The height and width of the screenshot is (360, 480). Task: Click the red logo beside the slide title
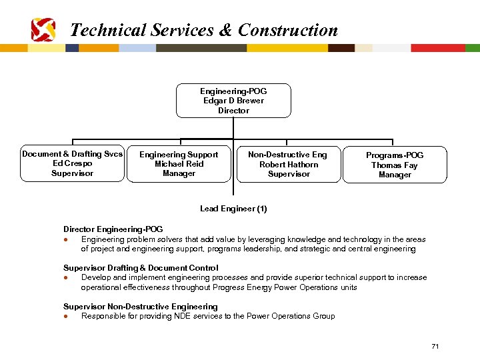point(43,29)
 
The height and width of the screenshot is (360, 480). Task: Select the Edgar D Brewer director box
point(233,101)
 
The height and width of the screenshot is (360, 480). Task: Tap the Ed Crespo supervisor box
point(72,164)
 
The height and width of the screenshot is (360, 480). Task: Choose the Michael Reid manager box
point(179,164)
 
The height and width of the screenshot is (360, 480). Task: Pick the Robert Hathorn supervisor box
point(288,165)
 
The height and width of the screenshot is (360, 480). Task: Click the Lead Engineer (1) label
point(233,209)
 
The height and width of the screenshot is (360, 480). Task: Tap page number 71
point(435,346)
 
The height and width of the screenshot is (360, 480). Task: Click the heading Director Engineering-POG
point(113,229)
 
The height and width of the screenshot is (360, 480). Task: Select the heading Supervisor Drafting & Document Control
point(141,268)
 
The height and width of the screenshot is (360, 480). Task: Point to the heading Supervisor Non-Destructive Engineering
point(140,307)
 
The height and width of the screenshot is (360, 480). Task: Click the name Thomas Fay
point(395,165)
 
